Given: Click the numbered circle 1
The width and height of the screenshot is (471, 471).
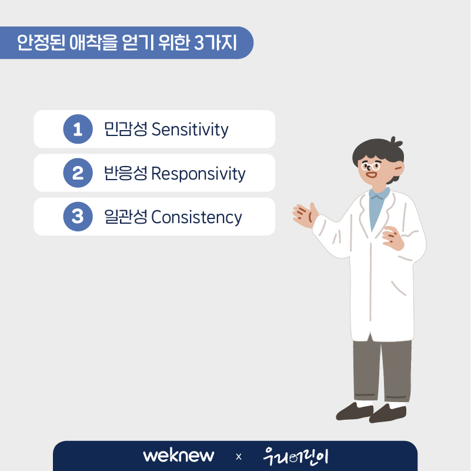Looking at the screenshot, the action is click(78, 129).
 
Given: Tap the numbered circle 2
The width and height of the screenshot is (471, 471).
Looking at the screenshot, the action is click(78, 173).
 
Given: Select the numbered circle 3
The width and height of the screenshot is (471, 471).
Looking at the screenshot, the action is click(78, 217).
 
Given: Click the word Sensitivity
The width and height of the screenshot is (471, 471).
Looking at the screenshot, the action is click(190, 130).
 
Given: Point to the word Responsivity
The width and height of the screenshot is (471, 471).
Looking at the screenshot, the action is click(198, 174).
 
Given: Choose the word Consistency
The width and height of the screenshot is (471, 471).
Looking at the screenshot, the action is click(196, 217).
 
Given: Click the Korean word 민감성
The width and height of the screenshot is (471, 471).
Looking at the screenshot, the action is click(126, 129).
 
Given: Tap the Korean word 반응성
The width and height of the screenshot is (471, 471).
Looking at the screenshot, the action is click(126, 173).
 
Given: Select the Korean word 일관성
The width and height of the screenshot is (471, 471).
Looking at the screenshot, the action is click(126, 217).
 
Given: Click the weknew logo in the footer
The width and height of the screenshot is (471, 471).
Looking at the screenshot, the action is click(178, 456).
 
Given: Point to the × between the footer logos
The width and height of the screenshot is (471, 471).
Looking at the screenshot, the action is click(239, 457).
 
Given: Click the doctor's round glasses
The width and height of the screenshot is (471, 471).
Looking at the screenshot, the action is click(370, 166).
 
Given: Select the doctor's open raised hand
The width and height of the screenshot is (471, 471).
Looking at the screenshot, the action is click(305, 215).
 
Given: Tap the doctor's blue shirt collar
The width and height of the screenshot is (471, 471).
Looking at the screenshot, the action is click(379, 194).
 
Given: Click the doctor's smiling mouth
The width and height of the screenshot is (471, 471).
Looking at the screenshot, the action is click(371, 175).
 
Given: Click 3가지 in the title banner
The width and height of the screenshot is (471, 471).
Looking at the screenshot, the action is click(215, 42).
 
